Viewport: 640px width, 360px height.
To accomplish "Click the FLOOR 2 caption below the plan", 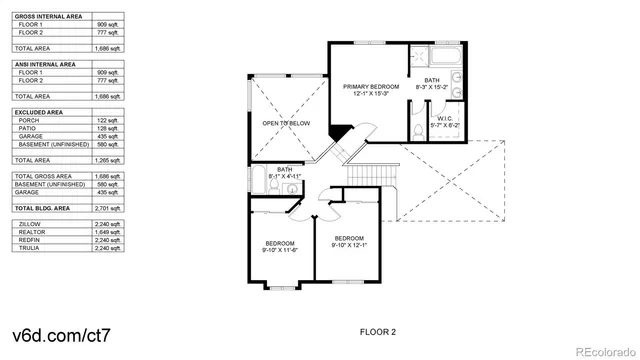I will pos(378,330).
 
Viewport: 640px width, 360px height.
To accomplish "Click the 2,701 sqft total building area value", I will pos(108,207).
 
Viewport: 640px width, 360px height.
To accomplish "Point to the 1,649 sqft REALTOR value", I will pos(108,232).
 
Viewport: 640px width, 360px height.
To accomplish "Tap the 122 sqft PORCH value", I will pos(108,120).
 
